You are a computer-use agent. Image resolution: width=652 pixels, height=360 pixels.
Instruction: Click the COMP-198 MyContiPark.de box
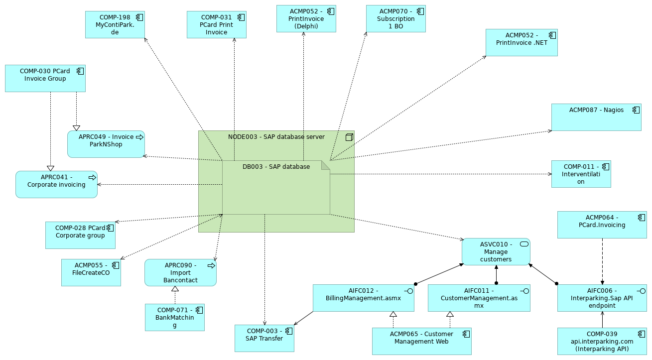[115, 25]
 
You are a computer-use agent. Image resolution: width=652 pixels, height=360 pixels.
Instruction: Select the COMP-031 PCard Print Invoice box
[216, 25]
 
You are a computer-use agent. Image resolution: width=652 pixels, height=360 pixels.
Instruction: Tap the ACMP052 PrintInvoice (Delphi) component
[306, 19]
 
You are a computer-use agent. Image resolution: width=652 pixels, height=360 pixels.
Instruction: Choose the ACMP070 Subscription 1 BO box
[395, 19]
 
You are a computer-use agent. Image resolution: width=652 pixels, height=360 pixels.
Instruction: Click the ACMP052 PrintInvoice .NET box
[522, 42]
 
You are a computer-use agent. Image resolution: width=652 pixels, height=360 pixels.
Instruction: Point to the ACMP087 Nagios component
[596, 117]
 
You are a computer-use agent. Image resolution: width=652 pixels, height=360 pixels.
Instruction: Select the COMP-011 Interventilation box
[581, 174]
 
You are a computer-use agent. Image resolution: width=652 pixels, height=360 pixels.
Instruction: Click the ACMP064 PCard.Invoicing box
[602, 225]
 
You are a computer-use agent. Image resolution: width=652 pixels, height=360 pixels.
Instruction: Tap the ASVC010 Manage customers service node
[496, 251]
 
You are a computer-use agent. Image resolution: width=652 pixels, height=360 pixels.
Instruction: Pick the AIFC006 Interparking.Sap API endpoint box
[602, 298]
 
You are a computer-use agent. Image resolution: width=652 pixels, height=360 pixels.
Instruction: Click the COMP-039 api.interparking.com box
[602, 341]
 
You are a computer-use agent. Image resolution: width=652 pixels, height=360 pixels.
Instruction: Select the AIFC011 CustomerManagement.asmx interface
[479, 298]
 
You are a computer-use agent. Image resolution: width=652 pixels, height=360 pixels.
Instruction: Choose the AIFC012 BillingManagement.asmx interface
[363, 298]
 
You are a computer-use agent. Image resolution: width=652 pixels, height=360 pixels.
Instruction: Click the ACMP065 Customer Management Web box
[421, 341]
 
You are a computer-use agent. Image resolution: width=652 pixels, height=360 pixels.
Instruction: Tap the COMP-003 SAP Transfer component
[264, 338]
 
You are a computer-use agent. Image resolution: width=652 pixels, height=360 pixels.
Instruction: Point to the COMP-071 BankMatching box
[174, 317]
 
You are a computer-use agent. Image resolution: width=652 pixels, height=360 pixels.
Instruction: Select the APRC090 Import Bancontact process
[180, 272]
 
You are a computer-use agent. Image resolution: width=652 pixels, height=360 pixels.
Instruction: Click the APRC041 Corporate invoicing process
[56, 184]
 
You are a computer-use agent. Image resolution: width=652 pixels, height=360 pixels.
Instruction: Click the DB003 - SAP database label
[276, 167]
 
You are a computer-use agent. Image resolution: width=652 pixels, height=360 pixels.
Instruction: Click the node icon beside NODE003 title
[349, 136]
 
